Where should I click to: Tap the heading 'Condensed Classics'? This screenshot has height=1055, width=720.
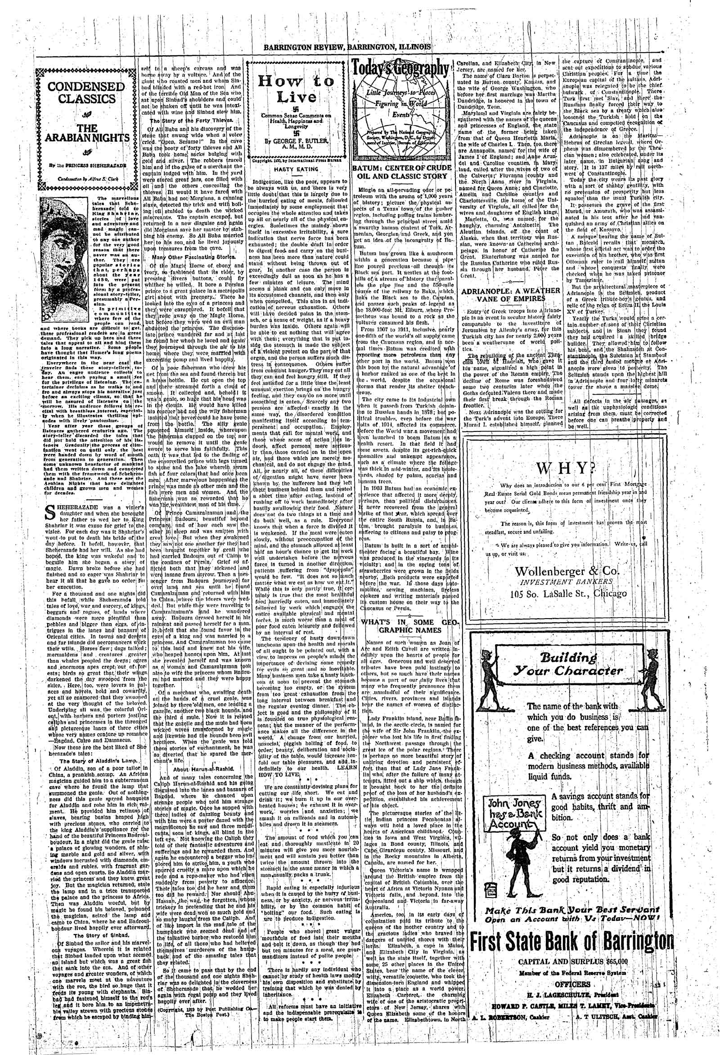pyautogui.click(x=86, y=93)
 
